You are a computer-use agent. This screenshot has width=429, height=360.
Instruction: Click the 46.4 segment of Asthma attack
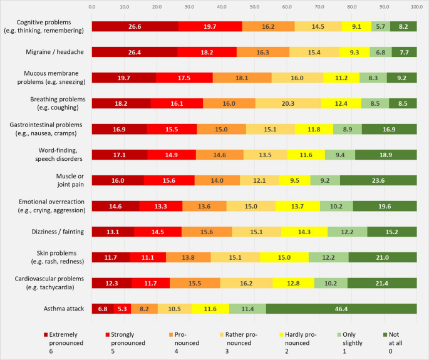[x=341, y=309]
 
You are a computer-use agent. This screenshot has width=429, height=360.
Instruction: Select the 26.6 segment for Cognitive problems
[x=135, y=26]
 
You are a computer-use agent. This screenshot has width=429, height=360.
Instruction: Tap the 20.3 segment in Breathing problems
[x=288, y=104]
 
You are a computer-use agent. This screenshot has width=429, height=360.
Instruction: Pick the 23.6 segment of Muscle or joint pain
[x=378, y=180]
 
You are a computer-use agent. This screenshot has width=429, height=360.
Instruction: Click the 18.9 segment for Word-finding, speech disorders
[x=386, y=155]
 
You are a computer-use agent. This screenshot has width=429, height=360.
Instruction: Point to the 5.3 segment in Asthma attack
[x=122, y=309]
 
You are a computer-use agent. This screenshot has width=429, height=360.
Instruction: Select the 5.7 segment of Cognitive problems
[x=381, y=26]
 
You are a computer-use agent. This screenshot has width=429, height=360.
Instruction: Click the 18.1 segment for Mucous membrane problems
[x=242, y=78]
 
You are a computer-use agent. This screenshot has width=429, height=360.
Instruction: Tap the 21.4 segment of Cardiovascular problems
[x=382, y=283]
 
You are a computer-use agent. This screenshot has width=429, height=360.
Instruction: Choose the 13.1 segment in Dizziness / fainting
[x=113, y=232]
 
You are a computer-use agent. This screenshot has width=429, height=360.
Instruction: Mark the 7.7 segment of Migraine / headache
[x=405, y=52]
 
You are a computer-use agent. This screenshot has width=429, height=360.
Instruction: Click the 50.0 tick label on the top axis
[x=254, y=7]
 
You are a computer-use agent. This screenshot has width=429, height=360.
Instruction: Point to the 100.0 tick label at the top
[x=416, y=7]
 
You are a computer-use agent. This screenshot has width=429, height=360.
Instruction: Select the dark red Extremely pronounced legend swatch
[x=46, y=334]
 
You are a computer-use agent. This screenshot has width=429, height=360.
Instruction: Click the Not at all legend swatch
[x=385, y=334]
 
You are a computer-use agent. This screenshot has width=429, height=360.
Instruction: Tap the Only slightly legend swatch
[x=339, y=334]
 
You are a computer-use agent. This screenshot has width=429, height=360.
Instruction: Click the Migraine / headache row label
[x=54, y=52]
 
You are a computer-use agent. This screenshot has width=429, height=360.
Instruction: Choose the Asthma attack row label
[x=64, y=309]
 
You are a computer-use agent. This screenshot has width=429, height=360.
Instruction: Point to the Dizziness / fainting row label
[x=58, y=232]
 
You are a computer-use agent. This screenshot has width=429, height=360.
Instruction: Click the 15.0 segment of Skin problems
[x=284, y=258]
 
